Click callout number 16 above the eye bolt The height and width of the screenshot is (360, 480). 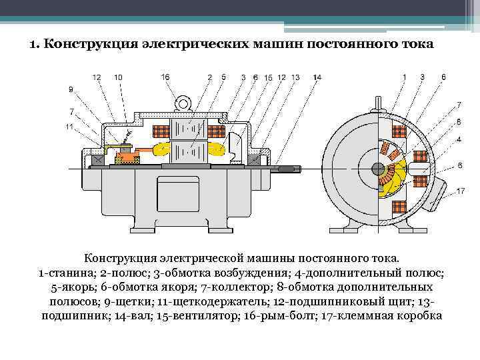point(165,77)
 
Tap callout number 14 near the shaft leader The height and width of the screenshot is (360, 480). point(317,77)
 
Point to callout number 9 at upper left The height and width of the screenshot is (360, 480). point(71,89)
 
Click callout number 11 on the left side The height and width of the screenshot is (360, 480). point(69,127)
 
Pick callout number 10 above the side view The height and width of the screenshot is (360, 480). point(118,77)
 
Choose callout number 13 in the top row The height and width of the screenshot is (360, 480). point(295,77)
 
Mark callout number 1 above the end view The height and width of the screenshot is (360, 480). point(403,77)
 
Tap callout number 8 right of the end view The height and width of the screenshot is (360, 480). point(459,121)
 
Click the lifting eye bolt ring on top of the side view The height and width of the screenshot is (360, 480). point(181,104)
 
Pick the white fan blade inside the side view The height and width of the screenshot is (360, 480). point(235,143)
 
